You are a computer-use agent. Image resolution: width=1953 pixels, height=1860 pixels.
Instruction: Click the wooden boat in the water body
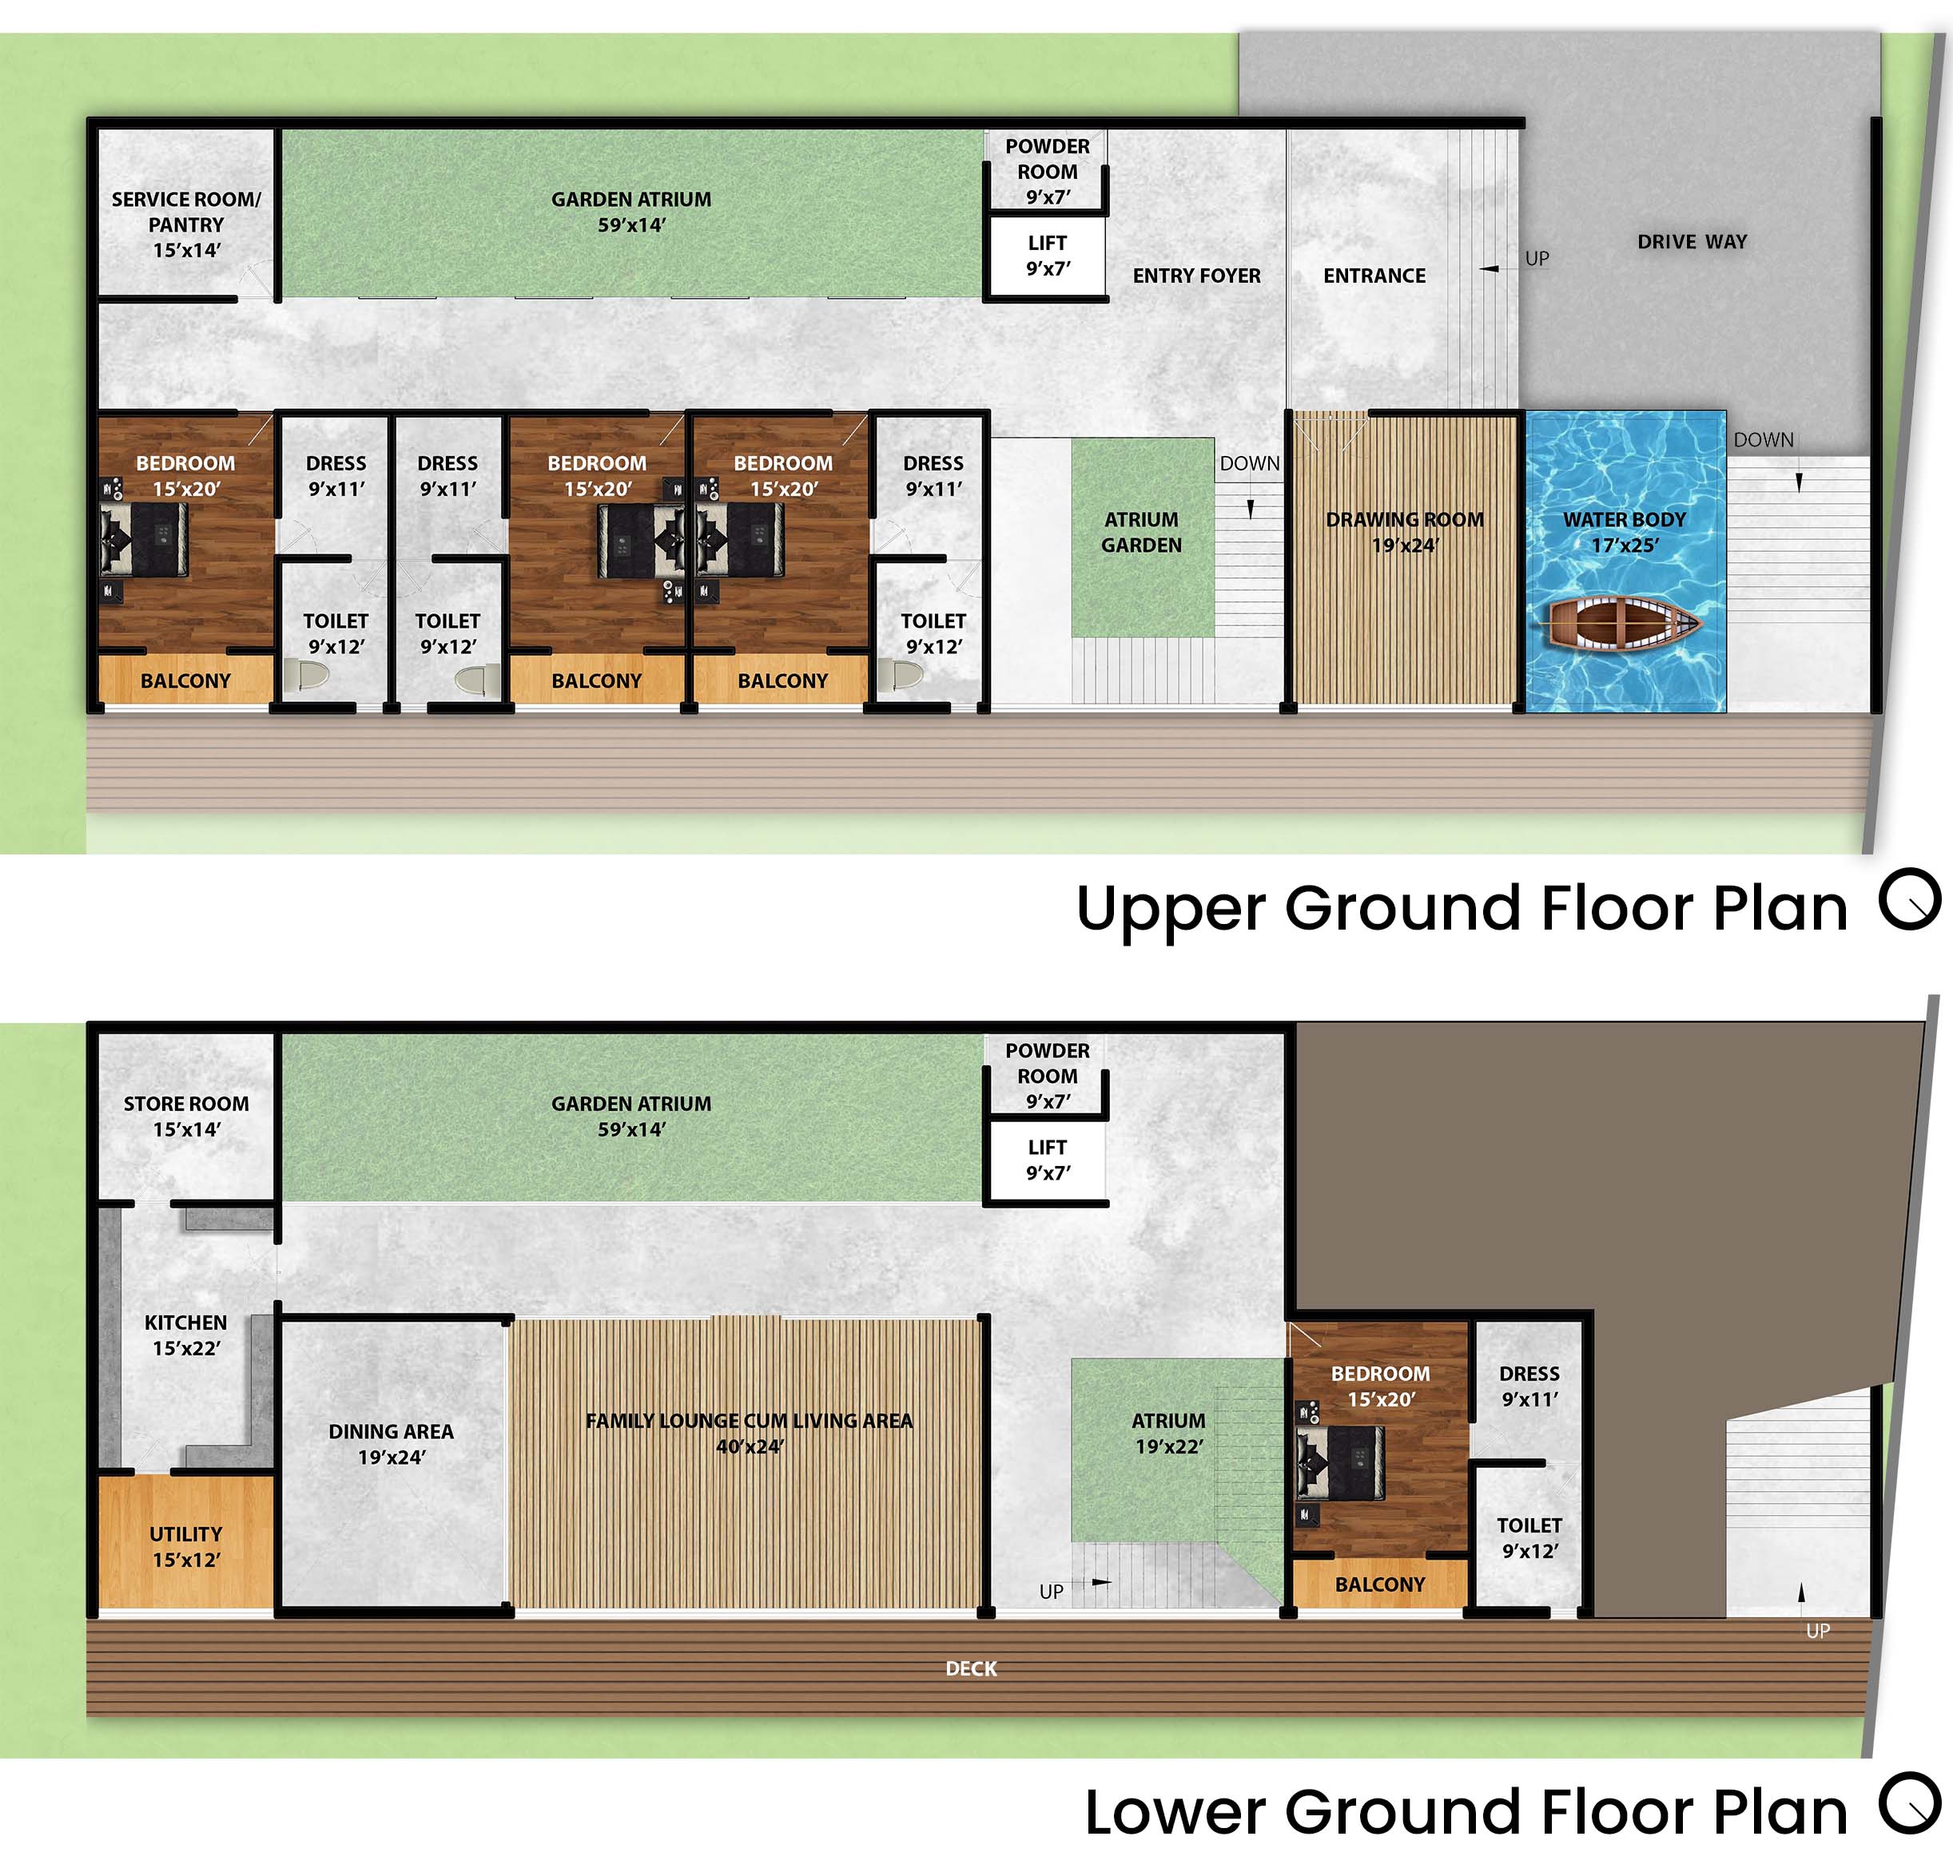point(1624,624)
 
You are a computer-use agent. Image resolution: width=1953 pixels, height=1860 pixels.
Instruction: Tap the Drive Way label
point(1692,242)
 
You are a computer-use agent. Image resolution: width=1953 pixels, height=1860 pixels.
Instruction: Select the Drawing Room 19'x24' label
point(1405,533)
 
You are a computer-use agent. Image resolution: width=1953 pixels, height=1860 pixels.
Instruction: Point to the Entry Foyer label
point(1196,276)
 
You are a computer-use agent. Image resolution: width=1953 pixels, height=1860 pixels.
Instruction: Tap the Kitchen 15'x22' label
point(185,1335)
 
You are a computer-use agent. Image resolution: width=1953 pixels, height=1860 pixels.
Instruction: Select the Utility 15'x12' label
point(185,1547)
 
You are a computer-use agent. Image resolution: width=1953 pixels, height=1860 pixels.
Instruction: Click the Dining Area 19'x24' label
point(391,1445)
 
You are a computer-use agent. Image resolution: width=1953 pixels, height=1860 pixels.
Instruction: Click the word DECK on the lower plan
point(971,1668)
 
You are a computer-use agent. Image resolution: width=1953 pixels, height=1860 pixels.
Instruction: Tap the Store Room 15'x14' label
point(186,1116)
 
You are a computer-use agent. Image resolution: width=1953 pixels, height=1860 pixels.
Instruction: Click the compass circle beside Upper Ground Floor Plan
point(1909,899)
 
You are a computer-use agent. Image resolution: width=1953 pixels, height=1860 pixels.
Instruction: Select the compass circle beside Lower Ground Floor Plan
point(1909,1803)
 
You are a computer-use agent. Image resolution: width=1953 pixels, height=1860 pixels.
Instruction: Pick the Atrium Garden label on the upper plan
point(1142,533)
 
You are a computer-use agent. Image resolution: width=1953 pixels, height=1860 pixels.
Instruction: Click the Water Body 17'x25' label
point(1625,533)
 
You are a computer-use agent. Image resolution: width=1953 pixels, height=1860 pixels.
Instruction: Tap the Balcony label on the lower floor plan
point(1380,1584)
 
